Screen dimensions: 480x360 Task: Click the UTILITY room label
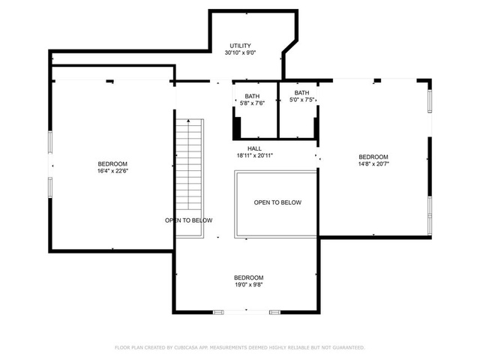click(240, 46)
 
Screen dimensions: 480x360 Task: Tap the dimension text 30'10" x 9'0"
click(240, 52)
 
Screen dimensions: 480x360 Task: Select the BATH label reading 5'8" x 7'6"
click(252, 97)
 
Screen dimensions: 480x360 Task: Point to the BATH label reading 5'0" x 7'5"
click(301, 93)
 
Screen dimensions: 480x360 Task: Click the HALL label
click(254, 148)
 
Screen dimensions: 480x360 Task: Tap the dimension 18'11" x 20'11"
click(255, 155)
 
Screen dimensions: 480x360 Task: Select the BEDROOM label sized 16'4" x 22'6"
click(112, 163)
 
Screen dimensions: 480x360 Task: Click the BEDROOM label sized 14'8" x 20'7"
click(373, 157)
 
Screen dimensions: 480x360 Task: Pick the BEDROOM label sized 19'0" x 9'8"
click(248, 277)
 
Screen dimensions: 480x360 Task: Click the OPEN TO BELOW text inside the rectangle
click(277, 202)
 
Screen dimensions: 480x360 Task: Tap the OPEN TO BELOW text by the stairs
click(188, 220)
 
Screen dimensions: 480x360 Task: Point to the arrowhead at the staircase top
click(188, 121)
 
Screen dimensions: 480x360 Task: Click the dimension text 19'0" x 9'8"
click(248, 285)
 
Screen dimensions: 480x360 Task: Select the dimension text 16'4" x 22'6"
click(112, 171)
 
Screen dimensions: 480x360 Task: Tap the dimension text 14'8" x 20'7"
click(373, 163)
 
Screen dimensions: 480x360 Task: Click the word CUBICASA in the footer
click(186, 347)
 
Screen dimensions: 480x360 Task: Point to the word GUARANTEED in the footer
click(348, 347)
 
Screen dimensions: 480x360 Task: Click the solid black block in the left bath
click(237, 128)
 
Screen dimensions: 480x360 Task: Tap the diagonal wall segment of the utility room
click(290, 46)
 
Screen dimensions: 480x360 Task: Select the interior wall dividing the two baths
click(278, 110)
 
